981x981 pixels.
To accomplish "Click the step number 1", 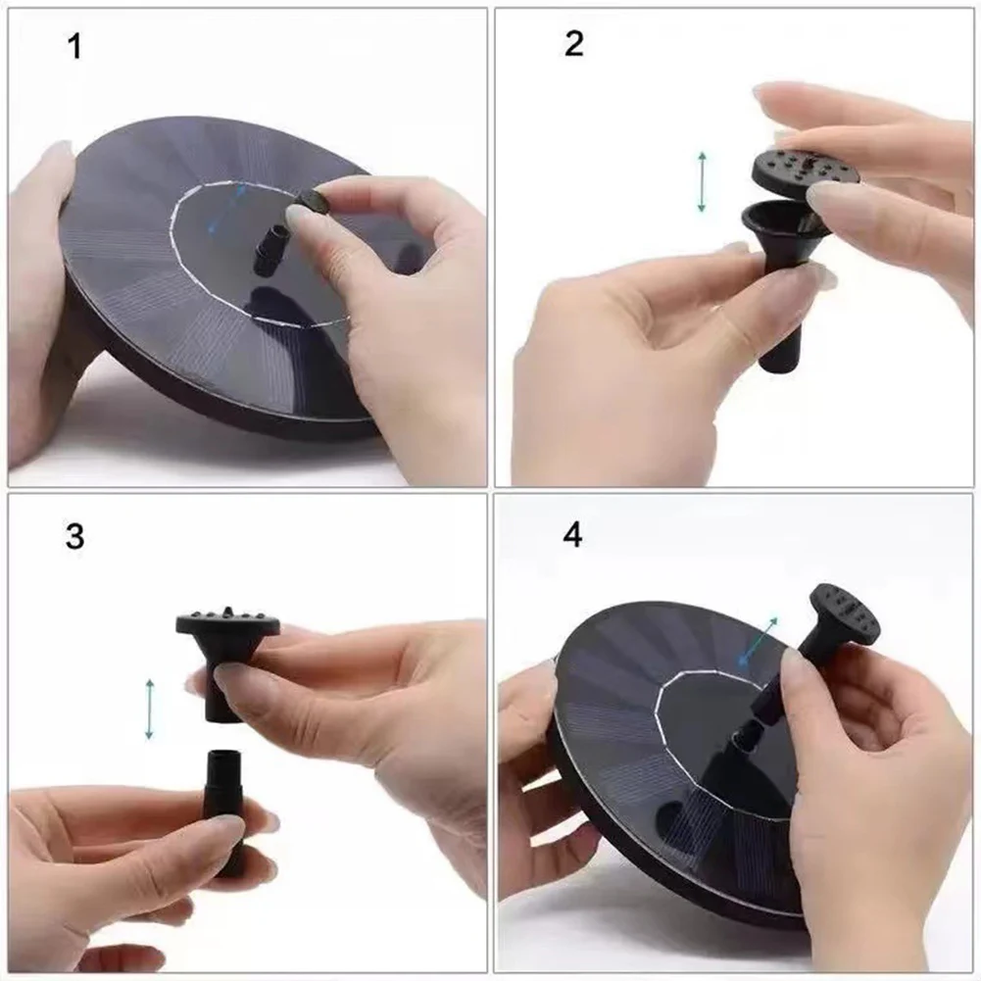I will pos(74,46).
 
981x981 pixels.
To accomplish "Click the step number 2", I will pos(574,44).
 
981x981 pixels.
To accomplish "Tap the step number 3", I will pos(74,537).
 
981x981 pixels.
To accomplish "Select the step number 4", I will pos(573,536).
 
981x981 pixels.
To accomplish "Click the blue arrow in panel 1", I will pos(226,209).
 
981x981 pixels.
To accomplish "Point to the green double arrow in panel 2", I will pos(702,181).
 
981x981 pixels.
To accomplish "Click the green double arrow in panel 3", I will pos(149,709).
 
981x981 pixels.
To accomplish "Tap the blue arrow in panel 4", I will pos(758,642).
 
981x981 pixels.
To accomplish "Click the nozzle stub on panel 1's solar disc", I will pos(270,251).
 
